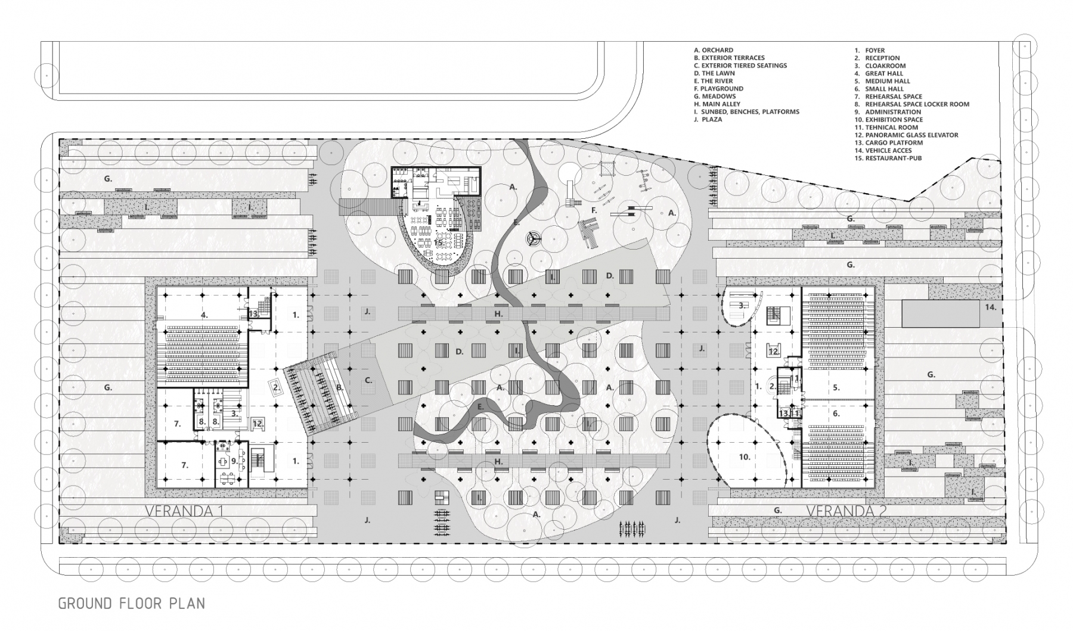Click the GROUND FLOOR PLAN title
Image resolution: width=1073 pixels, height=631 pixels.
(x=131, y=603)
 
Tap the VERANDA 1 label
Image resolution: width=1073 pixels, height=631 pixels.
(x=184, y=511)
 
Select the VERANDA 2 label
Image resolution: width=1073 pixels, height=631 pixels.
(x=845, y=511)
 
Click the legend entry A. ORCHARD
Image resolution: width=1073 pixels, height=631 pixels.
(x=714, y=50)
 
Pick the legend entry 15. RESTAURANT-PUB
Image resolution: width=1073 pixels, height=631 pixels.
(x=888, y=158)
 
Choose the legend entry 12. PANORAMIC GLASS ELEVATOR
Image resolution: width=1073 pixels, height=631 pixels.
(x=906, y=135)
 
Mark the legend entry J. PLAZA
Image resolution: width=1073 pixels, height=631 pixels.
(x=708, y=119)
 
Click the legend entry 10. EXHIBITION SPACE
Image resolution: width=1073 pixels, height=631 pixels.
(x=889, y=119)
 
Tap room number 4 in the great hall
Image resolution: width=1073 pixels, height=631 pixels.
(x=204, y=315)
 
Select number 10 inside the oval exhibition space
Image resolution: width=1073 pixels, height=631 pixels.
(x=744, y=457)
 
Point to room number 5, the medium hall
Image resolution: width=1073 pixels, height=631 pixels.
(x=836, y=387)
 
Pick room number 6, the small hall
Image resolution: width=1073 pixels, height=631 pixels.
(x=836, y=413)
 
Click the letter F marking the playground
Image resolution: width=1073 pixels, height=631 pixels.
(x=594, y=210)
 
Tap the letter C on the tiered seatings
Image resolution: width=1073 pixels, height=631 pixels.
(x=368, y=380)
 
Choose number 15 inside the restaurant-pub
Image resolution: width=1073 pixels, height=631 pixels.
(x=438, y=242)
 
